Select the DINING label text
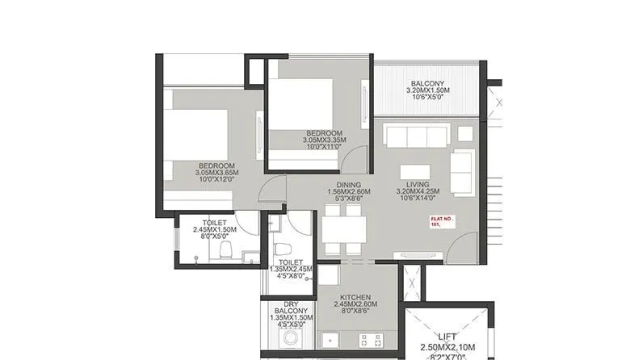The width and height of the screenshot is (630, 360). [x=349, y=184]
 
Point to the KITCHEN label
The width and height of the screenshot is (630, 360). [x=355, y=297]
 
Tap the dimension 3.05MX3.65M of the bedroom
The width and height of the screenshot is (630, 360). [x=215, y=172]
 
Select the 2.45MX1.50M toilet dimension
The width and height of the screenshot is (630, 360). [x=214, y=229]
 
